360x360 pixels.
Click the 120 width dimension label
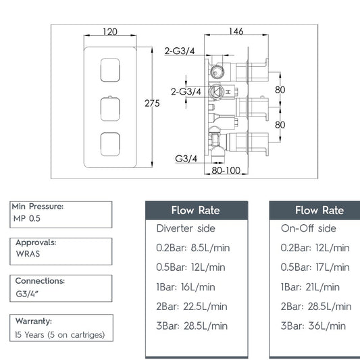tap(110, 32)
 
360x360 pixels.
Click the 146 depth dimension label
tap(236, 31)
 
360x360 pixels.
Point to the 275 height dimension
tap(152, 103)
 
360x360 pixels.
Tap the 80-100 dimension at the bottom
tap(226, 170)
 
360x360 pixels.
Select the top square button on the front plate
tap(110, 70)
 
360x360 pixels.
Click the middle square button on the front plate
tap(110, 109)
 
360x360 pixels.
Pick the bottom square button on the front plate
tap(110, 144)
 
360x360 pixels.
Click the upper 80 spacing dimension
tap(280, 90)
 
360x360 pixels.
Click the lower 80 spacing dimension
tap(280, 125)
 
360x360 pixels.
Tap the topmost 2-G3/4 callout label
tap(180, 51)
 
